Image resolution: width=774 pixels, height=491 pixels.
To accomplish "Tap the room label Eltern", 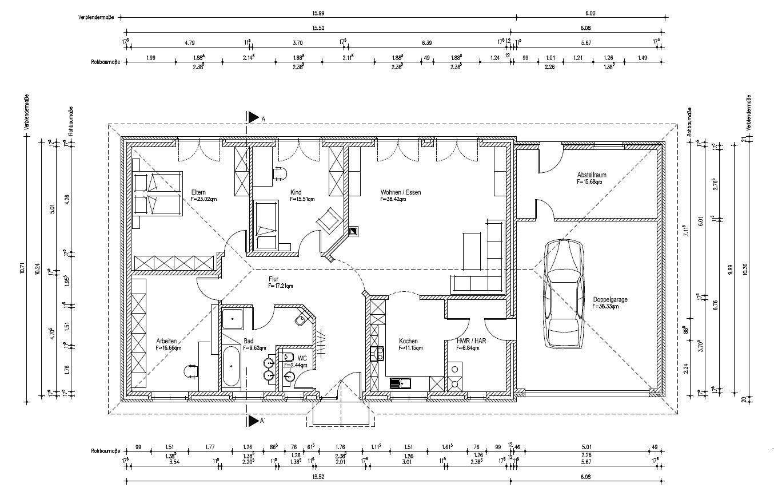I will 198,192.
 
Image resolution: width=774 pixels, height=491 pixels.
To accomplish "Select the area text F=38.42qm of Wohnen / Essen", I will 393,200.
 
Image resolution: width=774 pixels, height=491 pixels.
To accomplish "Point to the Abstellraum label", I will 592,175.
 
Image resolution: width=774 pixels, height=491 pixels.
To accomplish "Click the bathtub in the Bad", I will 231,366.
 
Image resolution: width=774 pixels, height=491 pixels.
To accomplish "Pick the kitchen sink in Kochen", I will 400,383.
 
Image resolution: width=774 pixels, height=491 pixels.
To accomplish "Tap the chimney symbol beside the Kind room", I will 354,231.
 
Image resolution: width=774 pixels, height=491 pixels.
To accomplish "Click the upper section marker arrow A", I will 253,117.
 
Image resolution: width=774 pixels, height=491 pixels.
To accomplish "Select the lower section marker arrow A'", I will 253,421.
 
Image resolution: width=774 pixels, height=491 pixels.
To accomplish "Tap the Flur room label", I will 273,279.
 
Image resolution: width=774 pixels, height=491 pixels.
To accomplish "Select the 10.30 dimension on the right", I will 744,268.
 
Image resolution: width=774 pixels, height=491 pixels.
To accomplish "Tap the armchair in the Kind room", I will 328,219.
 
